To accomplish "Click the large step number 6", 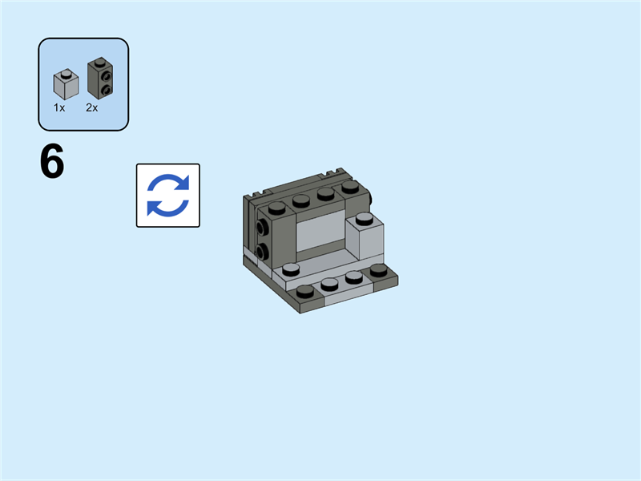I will click(x=52, y=163).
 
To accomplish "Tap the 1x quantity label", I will click(x=59, y=107).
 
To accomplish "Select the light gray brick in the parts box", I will click(x=65, y=84).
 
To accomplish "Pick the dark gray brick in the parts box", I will click(x=99, y=79).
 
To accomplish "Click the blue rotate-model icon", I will click(x=167, y=196).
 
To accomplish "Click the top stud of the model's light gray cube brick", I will click(x=365, y=217).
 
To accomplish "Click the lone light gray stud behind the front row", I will click(x=291, y=269).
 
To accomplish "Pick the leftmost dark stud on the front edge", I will click(x=305, y=290).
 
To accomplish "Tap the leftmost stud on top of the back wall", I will click(x=276, y=208).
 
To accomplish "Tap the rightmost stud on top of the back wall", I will click(x=349, y=186).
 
